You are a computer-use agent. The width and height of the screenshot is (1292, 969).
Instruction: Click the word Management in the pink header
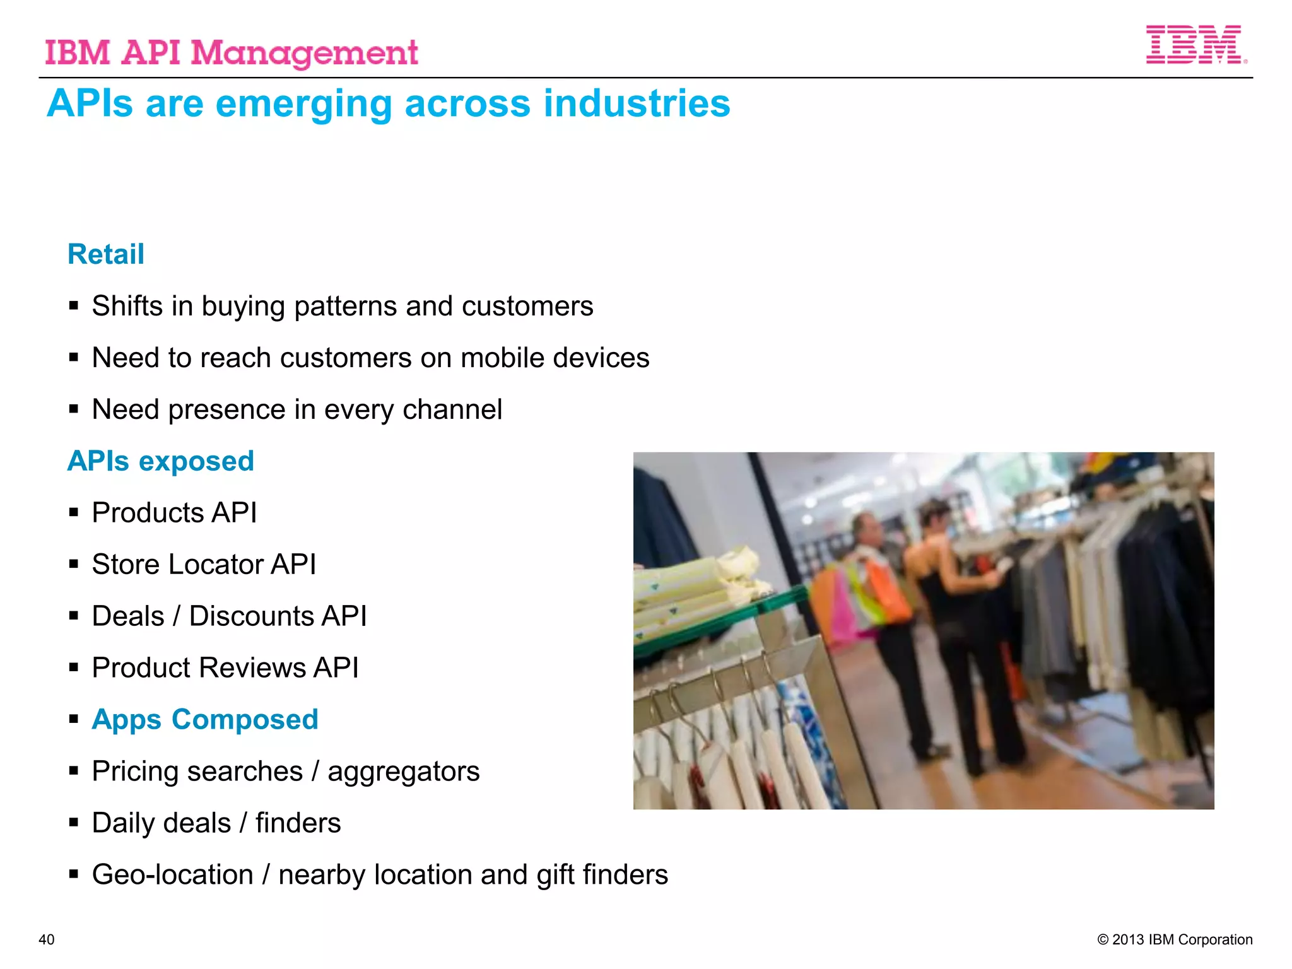pyautogui.click(x=304, y=53)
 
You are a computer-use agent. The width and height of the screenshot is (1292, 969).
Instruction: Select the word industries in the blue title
pyautogui.click(x=637, y=103)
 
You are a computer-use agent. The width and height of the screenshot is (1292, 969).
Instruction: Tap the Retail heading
pyautogui.click(x=106, y=254)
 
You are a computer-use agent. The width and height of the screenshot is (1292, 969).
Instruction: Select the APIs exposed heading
pyautogui.click(x=161, y=461)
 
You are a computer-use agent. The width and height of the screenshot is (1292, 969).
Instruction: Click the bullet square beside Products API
pyautogui.click(x=74, y=512)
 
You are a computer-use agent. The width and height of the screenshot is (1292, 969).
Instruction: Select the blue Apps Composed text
pyautogui.click(x=205, y=720)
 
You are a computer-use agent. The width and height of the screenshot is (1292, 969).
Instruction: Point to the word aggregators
pyautogui.click(x=403, y=772)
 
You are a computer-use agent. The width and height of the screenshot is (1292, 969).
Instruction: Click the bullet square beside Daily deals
pyautogui.click(x=74, y=823)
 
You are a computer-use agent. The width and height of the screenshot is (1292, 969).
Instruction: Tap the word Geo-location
pyautogui.click(x=173, y=875)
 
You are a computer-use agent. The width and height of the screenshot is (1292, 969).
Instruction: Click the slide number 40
pyautogui.click(x=47, y=939)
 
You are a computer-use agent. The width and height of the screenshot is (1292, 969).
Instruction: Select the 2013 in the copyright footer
pyautogui.click(x=1129, y=939)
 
